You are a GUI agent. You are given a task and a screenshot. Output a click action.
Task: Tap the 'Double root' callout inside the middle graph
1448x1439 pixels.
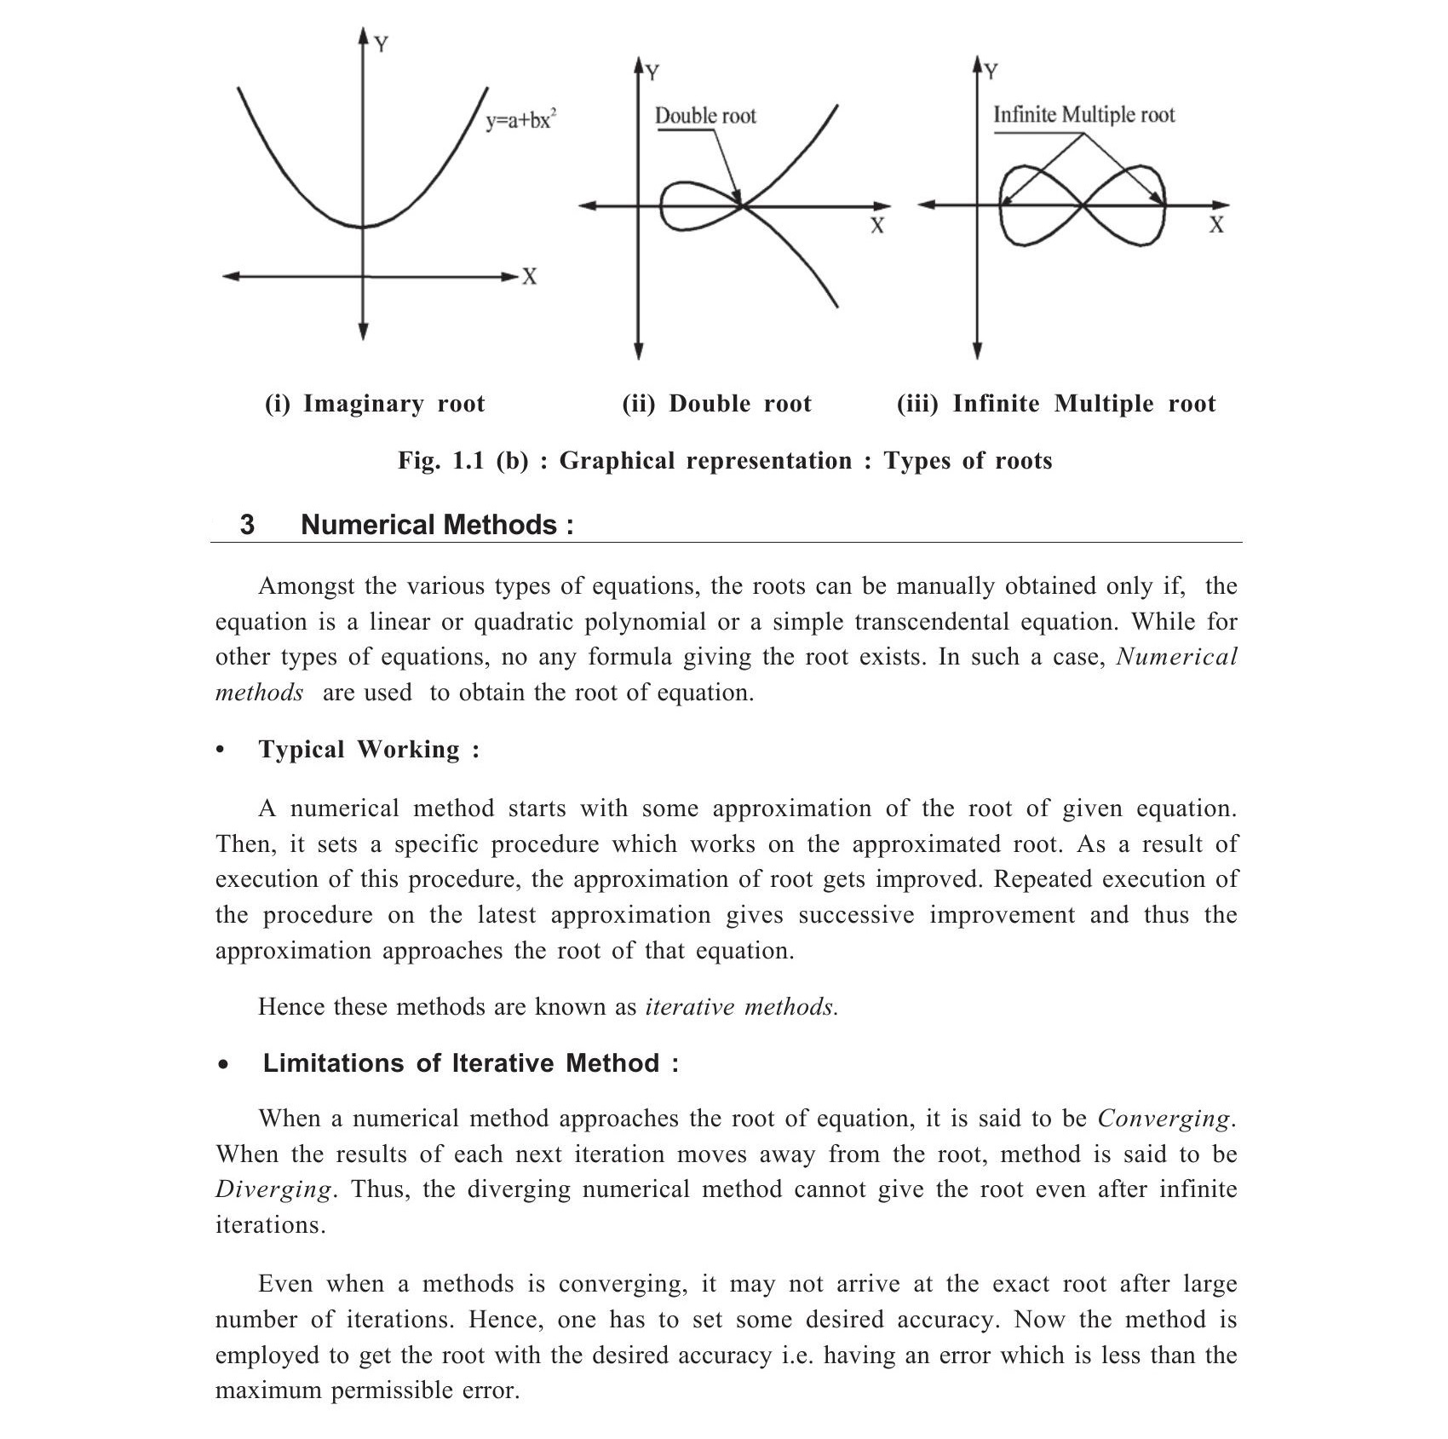(705, 116)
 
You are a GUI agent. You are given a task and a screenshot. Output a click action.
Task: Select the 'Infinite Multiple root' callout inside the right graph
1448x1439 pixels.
(1083, 114)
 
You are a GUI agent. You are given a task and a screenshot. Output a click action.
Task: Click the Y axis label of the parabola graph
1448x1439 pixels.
(382, 44)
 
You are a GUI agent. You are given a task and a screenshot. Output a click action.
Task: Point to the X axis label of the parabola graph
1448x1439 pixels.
(529, 277)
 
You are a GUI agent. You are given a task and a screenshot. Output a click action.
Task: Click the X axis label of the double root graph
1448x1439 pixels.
(876, 226)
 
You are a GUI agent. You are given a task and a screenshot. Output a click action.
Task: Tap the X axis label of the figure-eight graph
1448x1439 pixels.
(1216, 225)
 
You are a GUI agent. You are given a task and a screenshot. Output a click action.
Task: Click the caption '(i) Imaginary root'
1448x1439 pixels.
(375, 403)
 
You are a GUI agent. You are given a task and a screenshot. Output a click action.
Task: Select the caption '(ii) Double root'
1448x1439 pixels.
(716, 403)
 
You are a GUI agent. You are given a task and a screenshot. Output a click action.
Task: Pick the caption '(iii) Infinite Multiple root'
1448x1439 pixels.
(1056, 403)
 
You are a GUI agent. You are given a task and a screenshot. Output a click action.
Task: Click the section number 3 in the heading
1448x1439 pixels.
(247, 524)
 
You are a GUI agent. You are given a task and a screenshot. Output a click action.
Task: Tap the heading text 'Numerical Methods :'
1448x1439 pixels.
(437, 524)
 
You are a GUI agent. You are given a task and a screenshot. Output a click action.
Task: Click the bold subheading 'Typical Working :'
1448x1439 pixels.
(369, 749)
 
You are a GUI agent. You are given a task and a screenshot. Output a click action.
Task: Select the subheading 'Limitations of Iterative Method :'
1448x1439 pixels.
(470, 1062)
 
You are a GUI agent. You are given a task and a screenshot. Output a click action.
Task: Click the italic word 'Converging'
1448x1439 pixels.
(1164, 1118)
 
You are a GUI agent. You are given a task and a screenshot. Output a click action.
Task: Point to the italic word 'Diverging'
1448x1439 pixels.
(273, 1189)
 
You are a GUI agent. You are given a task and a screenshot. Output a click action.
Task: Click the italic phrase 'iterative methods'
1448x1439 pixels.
(741, 1006)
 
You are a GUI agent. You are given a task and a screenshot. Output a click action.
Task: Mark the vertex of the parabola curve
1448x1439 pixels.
(364, 227)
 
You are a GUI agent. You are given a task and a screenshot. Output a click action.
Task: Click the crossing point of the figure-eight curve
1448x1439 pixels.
(1082, 205)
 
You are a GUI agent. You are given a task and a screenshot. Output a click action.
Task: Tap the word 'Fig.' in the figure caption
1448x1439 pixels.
(418, 461)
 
